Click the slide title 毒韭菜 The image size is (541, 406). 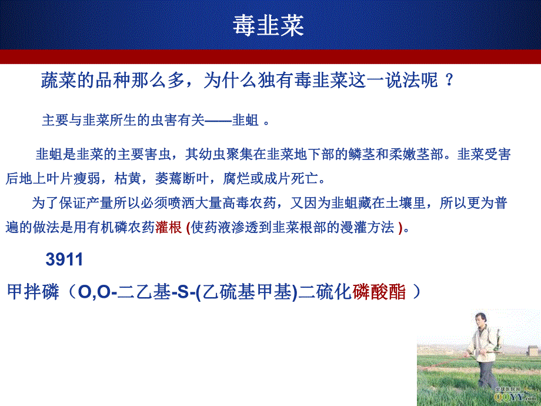(268, 26)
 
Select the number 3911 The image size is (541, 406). (65, 259)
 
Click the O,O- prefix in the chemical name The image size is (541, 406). (93, 292)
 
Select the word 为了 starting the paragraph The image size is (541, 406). (45, 204)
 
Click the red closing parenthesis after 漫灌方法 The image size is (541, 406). (400, 228)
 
